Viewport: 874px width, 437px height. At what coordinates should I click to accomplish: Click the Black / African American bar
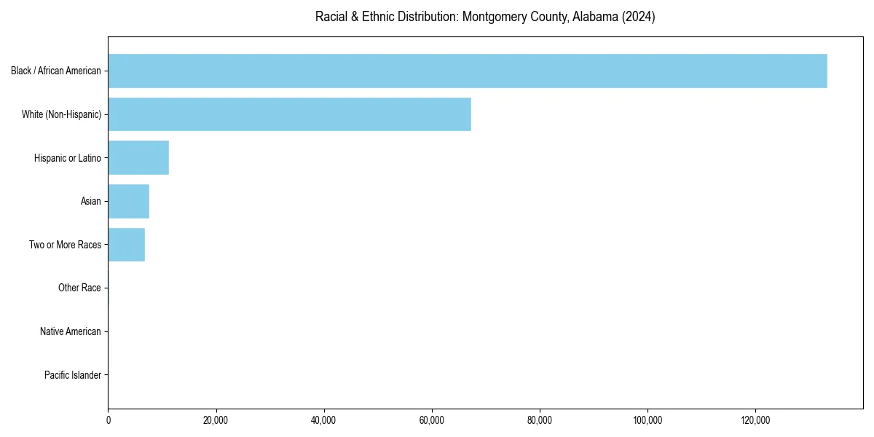click(x=468, y=71)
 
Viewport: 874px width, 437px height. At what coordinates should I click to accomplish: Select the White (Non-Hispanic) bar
click(x=289, y=114)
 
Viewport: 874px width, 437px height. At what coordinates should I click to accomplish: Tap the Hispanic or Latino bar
click(x=138, y=157)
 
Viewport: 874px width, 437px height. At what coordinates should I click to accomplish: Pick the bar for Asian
click(x=128, y=201)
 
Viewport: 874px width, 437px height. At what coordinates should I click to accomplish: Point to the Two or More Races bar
click(x=126, y=245)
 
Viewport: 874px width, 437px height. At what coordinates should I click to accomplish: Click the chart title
click(x=485, y=17)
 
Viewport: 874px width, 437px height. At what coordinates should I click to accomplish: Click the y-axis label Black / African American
click(x=56, y=71)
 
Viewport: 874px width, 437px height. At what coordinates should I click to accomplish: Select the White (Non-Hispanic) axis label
click(x=61, y=114)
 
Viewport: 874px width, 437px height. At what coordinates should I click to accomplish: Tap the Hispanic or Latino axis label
click(x=68, y=157)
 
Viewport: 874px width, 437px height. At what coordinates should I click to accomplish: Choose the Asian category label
click(x=91, y=201)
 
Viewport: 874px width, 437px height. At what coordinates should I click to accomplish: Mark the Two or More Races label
click(x=65, y=245)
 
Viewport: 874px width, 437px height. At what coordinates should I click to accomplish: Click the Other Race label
click(x=79, y=288)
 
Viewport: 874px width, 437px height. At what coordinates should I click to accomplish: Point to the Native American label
click(x=71, y=331)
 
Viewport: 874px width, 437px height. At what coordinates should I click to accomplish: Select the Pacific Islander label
click(x=73, y=375)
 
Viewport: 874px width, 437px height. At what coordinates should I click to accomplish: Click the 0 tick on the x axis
click(x=108, y=420)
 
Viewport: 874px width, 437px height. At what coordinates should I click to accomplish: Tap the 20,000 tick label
click(x=216, y=420)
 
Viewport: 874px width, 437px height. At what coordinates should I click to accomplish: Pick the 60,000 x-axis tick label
click(x=432, y=420)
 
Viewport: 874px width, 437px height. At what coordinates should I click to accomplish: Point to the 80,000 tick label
click(x=540, y=420)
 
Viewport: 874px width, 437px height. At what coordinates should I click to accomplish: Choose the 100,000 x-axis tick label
click(x=647, y=420)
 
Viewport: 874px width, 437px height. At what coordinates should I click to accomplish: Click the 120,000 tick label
click(x=755, y=420)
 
